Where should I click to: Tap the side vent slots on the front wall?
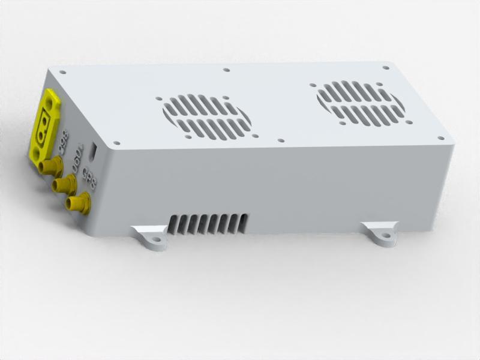coord(207,223)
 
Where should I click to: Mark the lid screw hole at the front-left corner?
coord(117,143)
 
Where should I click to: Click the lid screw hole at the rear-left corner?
coord(62,73)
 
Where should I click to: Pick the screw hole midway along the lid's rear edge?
coord(226,70)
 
